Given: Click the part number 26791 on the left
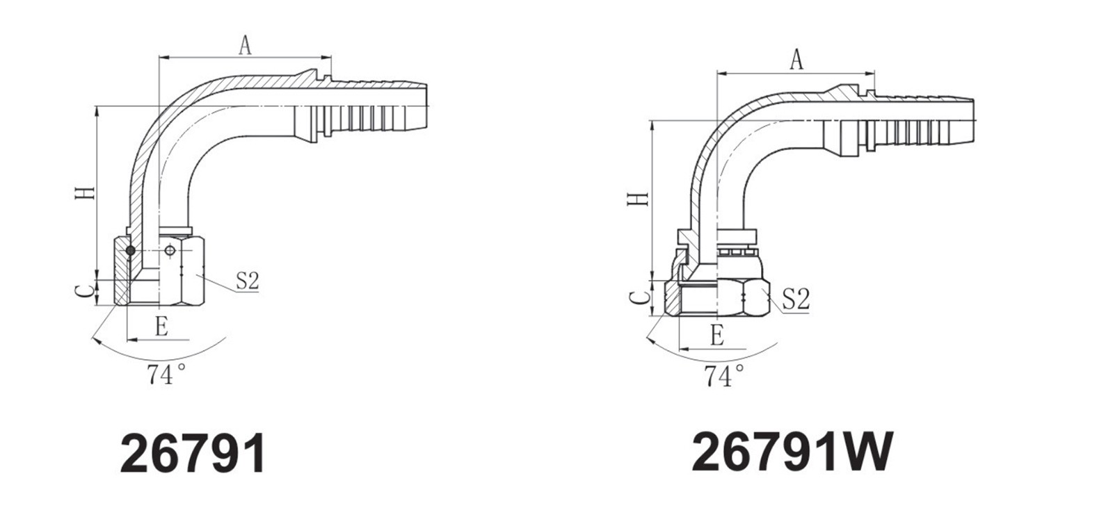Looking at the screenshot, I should pyautogui.click(x=193, y=453).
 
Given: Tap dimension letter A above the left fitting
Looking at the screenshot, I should pyautogui.click(x=245, y=46).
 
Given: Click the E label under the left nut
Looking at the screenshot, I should pyautogui.click(x=161, y=327).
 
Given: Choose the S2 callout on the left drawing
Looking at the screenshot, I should pyautogui.click(x=247, y=281).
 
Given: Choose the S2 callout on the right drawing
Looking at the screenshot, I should pyautogui.click(x=797, y=300).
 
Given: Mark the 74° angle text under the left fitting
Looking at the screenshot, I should pyautogui.click(x=166, y=375).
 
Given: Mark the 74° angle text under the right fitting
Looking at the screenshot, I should pyautogui.click(x=724, y=377).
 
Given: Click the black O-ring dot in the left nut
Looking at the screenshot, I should pyautogui.click(x=130, y=250).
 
